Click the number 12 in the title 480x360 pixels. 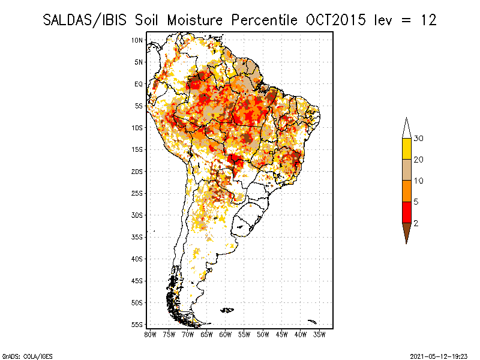point(428,20)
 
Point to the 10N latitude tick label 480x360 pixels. point(137,40)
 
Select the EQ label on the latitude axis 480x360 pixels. point(139,84)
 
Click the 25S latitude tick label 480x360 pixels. point(137,193)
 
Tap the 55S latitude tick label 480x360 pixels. point(137,325)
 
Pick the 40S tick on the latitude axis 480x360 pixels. point(137,259)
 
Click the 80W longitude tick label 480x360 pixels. point(150,334)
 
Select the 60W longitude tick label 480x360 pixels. point(226,334)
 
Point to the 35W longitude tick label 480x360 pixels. point(320,334)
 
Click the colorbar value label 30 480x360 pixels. point(419,139)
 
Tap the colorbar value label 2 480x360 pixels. point(416,223)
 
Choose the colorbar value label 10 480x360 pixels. point(419,181)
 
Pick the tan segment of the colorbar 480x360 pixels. point(406,170)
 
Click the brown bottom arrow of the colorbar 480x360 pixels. point(406,232)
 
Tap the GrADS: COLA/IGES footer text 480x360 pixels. point(20,355)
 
